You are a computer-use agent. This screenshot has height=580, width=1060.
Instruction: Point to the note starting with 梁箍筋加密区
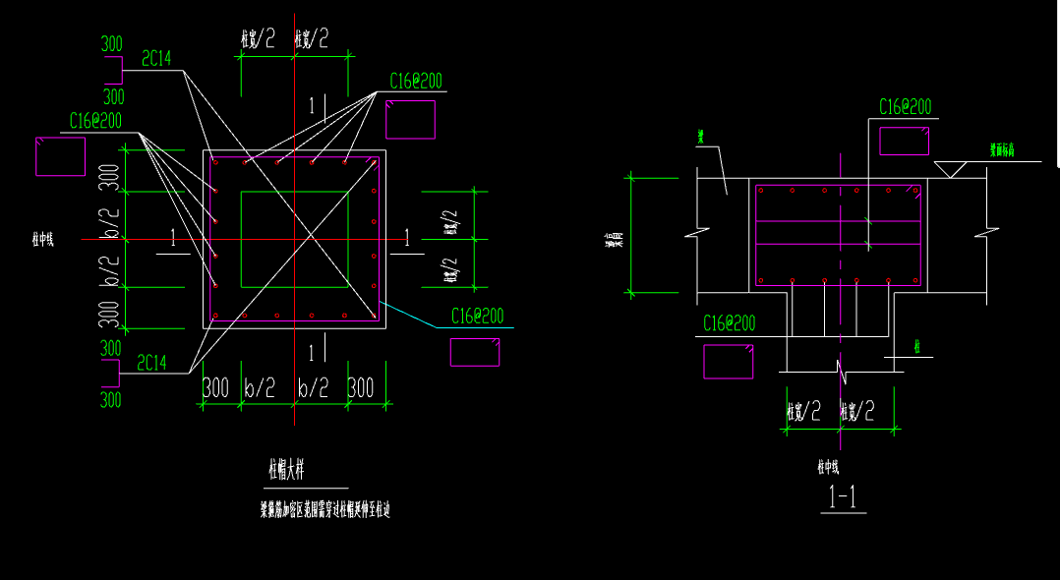click(324, 509)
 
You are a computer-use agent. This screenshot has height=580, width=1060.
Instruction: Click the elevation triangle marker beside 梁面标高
click(950, 169)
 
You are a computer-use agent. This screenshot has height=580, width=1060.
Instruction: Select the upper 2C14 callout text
click(156, 59)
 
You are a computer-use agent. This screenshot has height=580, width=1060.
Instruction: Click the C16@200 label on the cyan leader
click(477, 317)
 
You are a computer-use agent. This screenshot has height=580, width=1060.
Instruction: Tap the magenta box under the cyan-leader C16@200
click(475, 352)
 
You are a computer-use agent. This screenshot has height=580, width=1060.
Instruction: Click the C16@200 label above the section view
click(905, 107)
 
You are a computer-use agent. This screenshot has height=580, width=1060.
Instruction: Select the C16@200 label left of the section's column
click(729, 323)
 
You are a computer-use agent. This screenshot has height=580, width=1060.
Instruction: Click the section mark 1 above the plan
click(312, 104)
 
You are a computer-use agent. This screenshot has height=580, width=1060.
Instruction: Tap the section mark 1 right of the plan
click(406, 237)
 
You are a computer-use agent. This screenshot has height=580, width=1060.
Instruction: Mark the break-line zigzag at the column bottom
click(842, 371)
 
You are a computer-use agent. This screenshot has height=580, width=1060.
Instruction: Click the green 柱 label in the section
click(916, 346)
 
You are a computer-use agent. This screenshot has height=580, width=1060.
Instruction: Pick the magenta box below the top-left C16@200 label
click(60, 156)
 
